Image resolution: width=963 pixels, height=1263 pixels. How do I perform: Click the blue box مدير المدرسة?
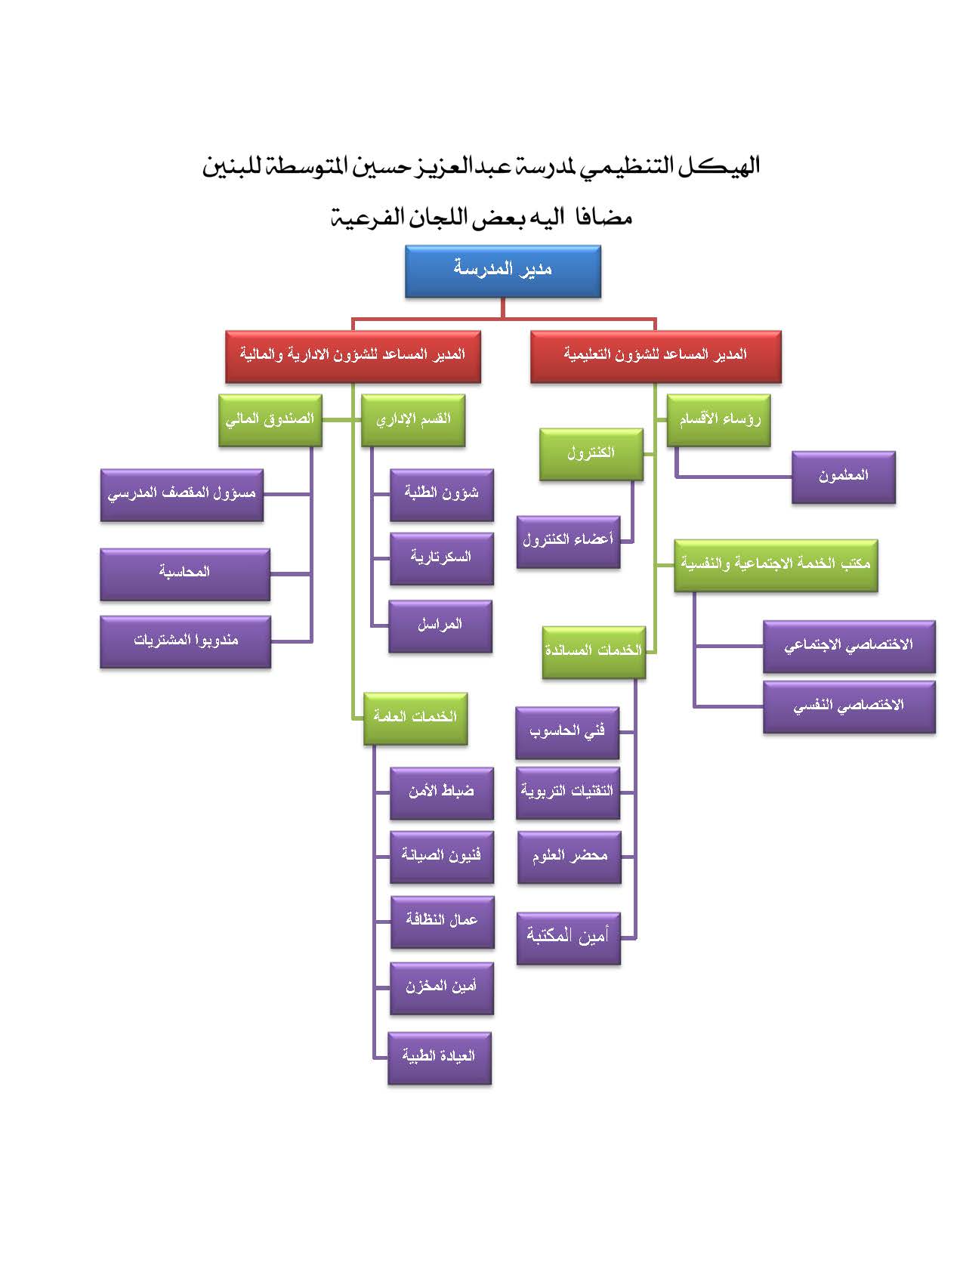pyautogui.click(x=502, y=271)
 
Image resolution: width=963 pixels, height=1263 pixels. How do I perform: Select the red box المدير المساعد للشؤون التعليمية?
pyautogui.click(x=656, y=357)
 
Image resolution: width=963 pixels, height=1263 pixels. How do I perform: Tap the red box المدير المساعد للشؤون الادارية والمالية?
pyautogui.click(x=353, y=357)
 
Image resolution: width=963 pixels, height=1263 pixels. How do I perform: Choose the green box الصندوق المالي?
pyautogui.click(x=270, y=420)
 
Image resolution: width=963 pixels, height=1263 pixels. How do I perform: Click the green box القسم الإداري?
pyautogui.click(x=413, y=420)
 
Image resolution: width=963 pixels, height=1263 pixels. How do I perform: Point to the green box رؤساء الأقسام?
pyautogui.click(x=718, y=420)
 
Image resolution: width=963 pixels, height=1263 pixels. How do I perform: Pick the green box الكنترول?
pyautogui.click(x=591, y=455)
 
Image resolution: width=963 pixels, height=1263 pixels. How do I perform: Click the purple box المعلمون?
pyautogui.click(x=844, y=477)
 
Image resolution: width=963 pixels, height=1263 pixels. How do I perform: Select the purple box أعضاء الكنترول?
pyautogui.click(x=569, y=542)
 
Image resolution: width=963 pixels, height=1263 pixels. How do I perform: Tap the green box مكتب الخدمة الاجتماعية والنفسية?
pyautogui.click(x=776, y=565)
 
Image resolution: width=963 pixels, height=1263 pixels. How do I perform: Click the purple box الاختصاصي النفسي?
pyautogui.click(x=849, y=706)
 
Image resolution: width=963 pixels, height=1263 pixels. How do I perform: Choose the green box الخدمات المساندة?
pyautogui.click(x=594, y=653)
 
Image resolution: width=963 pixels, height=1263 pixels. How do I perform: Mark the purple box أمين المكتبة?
pyautogui.click(x=569, y=938)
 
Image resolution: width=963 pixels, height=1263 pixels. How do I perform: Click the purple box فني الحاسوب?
pyautogui.click(x=567, y=733)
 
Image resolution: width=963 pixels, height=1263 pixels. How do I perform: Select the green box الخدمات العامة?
pyautogui.click(x=415, y=718)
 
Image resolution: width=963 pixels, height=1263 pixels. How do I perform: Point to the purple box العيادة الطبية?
pyautogui.click(x=440, y=1058)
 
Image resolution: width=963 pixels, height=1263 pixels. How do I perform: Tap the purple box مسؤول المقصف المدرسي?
pyautogui.click(x=182, y=496)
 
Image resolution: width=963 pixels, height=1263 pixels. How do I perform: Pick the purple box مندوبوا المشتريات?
pyautogui.click(x=185, y=641)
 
